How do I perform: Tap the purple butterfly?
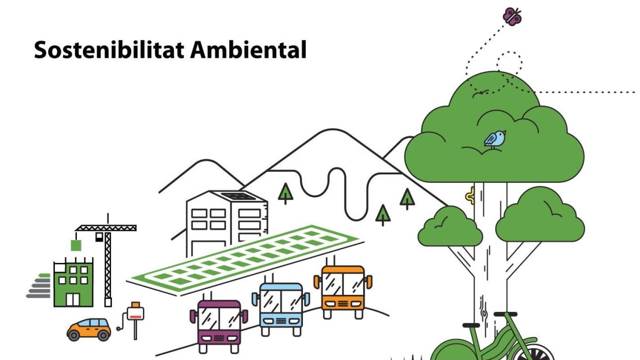click(513, 15)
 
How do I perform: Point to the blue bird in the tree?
click(495, 139)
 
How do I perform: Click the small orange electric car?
click(89, 329)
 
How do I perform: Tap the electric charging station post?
click(136, 317)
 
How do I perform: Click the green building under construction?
click(73, 283)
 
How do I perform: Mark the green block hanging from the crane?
click(76, 245)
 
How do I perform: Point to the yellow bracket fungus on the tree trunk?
click(470, 196)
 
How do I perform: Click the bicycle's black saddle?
click(471, 324)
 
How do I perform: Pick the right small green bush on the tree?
click(540, 216)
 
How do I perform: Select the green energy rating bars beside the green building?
click(39, 286)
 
